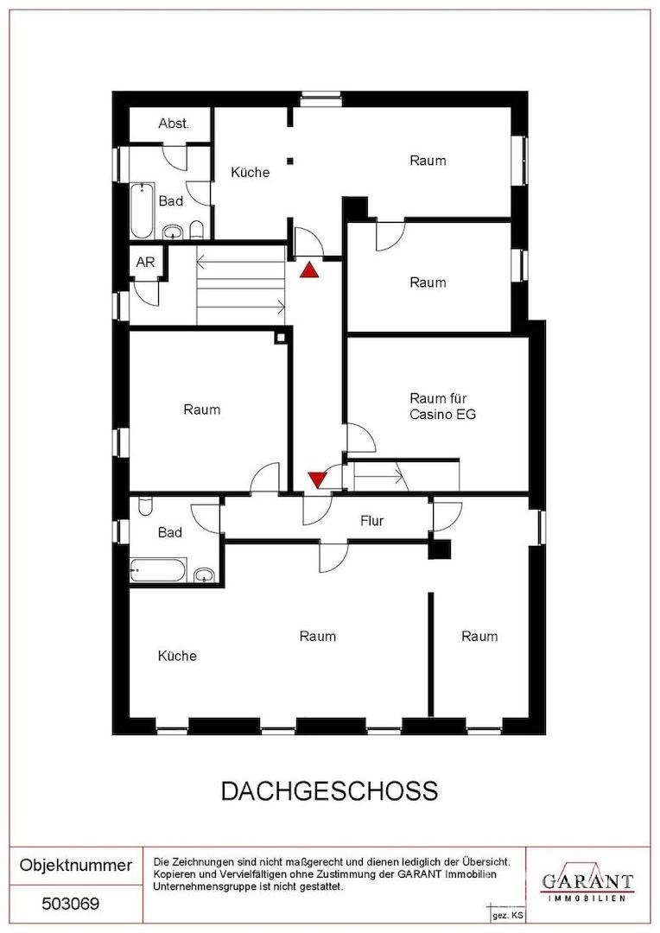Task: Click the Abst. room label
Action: (x=174, y=124)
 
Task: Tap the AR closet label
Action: (x=145, y=262)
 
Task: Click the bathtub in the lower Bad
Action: (x=158, y=570)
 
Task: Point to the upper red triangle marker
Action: (x=309, y=270)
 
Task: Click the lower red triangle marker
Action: (x=316, y=479)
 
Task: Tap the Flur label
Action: (x=372, y=521)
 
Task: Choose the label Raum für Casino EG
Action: (x=442, y=406)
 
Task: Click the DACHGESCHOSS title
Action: (x=330, y=790)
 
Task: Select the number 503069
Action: (x=70, y=904)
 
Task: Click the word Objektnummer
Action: (x=75, y=865)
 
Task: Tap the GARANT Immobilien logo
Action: (x=587, y=882)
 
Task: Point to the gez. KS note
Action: (x=508, y=917)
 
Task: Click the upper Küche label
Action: (x=250, y=172)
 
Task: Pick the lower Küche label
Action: (x=177, y=656)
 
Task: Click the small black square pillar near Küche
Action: (x=290, y=160)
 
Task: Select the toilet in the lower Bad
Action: (x=145, y=506)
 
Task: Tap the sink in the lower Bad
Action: (x=204, y=574)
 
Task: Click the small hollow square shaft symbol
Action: (x=280, y=338)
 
